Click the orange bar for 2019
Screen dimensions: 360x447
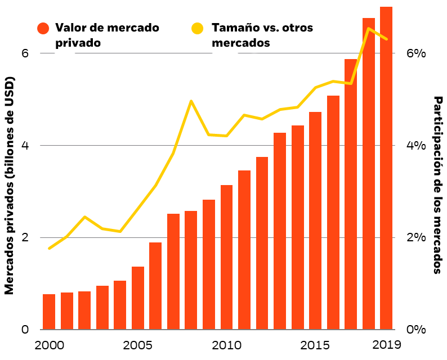pyautogui.click(x=386, y=169)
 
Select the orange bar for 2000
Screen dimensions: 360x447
pyautogui.click(x=49, y=312)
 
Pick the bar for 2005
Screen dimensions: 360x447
pyautogui.click(x=138, y=298)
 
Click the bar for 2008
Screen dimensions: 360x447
pyautogui.click(x=191, y=270)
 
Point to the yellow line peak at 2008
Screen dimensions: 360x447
pyautogui.click(x=191, y=101)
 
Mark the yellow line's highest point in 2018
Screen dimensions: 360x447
pyautogui.click(x=368, y=29)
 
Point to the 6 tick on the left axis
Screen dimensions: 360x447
pyautogui.click(x=25, y=53)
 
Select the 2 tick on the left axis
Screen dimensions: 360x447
pyautogui.click(x=25, y=237)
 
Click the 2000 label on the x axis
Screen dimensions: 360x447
pyautogui.click(x=49, y=345)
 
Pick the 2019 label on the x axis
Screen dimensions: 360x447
pyautogui.click(x=386, y=345)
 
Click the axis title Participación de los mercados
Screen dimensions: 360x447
pyautogui.click(x=437, y=184)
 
